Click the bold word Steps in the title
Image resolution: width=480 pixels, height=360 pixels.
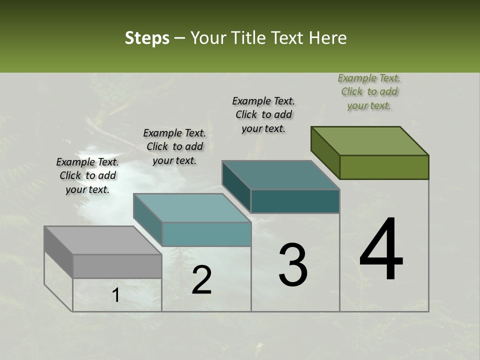tap(147, 38)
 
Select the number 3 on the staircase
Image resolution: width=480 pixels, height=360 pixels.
tap(293, 265)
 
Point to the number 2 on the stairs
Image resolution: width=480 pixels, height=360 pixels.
tap(201, 280)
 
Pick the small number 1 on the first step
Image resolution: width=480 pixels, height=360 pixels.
tap(115, 295)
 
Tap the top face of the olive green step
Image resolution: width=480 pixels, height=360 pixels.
tap(369, 140)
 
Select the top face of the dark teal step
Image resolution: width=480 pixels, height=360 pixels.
tap(280, 175)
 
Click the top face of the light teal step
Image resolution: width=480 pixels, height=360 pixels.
tap(192, 208)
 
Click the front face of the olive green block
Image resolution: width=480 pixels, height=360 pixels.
tap(384, 167)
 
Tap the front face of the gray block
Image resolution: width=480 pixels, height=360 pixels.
tap(117, 266)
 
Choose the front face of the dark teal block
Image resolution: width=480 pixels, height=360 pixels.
tap(295, 201)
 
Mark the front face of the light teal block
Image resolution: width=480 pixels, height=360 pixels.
tap(206, 234)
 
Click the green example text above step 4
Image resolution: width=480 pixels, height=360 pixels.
tap(369, 91)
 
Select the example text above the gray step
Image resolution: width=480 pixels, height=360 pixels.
tap(87, 175)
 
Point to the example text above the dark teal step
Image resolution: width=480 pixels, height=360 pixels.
tap(263, 114)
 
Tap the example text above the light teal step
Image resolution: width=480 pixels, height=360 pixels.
tap(174, 146)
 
